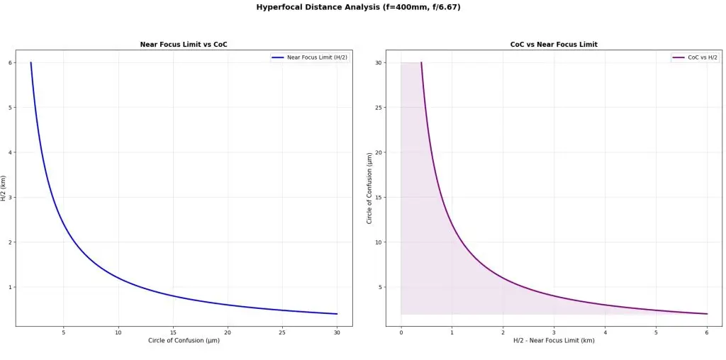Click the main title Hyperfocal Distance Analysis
362,7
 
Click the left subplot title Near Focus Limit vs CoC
184,45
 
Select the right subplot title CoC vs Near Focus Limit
554,45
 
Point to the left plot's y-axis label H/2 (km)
4,188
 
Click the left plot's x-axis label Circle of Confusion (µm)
184,341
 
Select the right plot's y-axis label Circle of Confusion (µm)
369,188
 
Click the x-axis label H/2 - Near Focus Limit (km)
554,341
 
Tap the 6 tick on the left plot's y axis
11,62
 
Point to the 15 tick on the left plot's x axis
173,332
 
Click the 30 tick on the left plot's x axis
337,332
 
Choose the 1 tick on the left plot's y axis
11,287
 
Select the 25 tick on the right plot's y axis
379,108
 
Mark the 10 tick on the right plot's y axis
379,242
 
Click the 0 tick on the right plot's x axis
401,332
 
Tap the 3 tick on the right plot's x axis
554,332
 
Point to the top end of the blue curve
30,62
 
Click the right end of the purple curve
707,314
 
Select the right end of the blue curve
337,314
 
